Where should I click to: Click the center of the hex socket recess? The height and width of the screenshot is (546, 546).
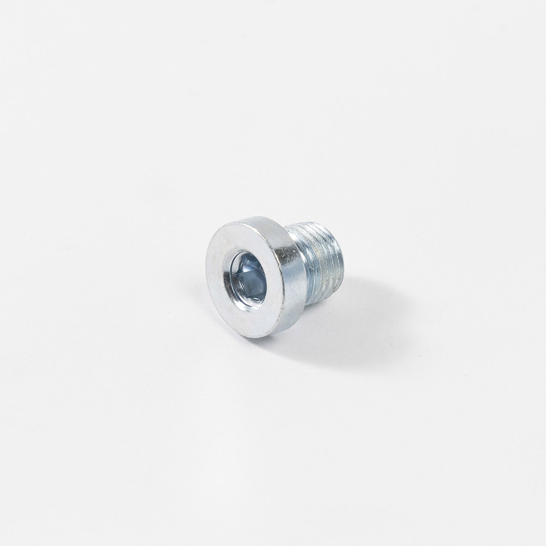point(248,277)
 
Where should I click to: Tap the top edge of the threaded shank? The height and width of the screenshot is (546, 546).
point(317,225)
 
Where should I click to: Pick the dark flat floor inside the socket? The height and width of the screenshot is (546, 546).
point(252,281)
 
